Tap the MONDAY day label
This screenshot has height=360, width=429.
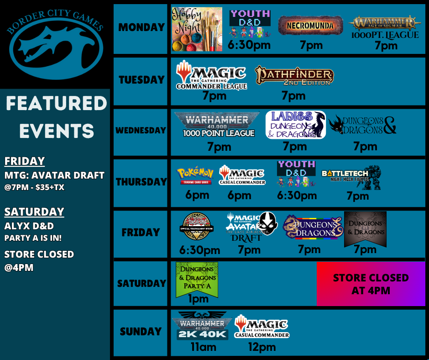(141, 27)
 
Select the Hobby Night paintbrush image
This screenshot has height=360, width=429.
(197, 29)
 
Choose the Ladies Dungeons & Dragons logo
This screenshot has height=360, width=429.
(295, 124)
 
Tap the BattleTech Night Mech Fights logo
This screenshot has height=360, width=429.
(351, 176)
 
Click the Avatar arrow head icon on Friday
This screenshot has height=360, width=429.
(265, 223)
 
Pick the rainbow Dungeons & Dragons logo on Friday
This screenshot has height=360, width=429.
(312, 227)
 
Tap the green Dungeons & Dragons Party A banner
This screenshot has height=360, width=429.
(197, 279)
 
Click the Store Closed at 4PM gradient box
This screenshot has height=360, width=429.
(371, 284)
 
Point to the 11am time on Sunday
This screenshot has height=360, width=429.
(203, 347)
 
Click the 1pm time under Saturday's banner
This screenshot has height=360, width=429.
(198, 299)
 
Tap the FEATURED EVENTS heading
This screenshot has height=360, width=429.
(56, 117)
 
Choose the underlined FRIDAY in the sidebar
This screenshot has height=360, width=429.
(25, 161)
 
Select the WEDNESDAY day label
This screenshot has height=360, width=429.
(141, 130)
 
